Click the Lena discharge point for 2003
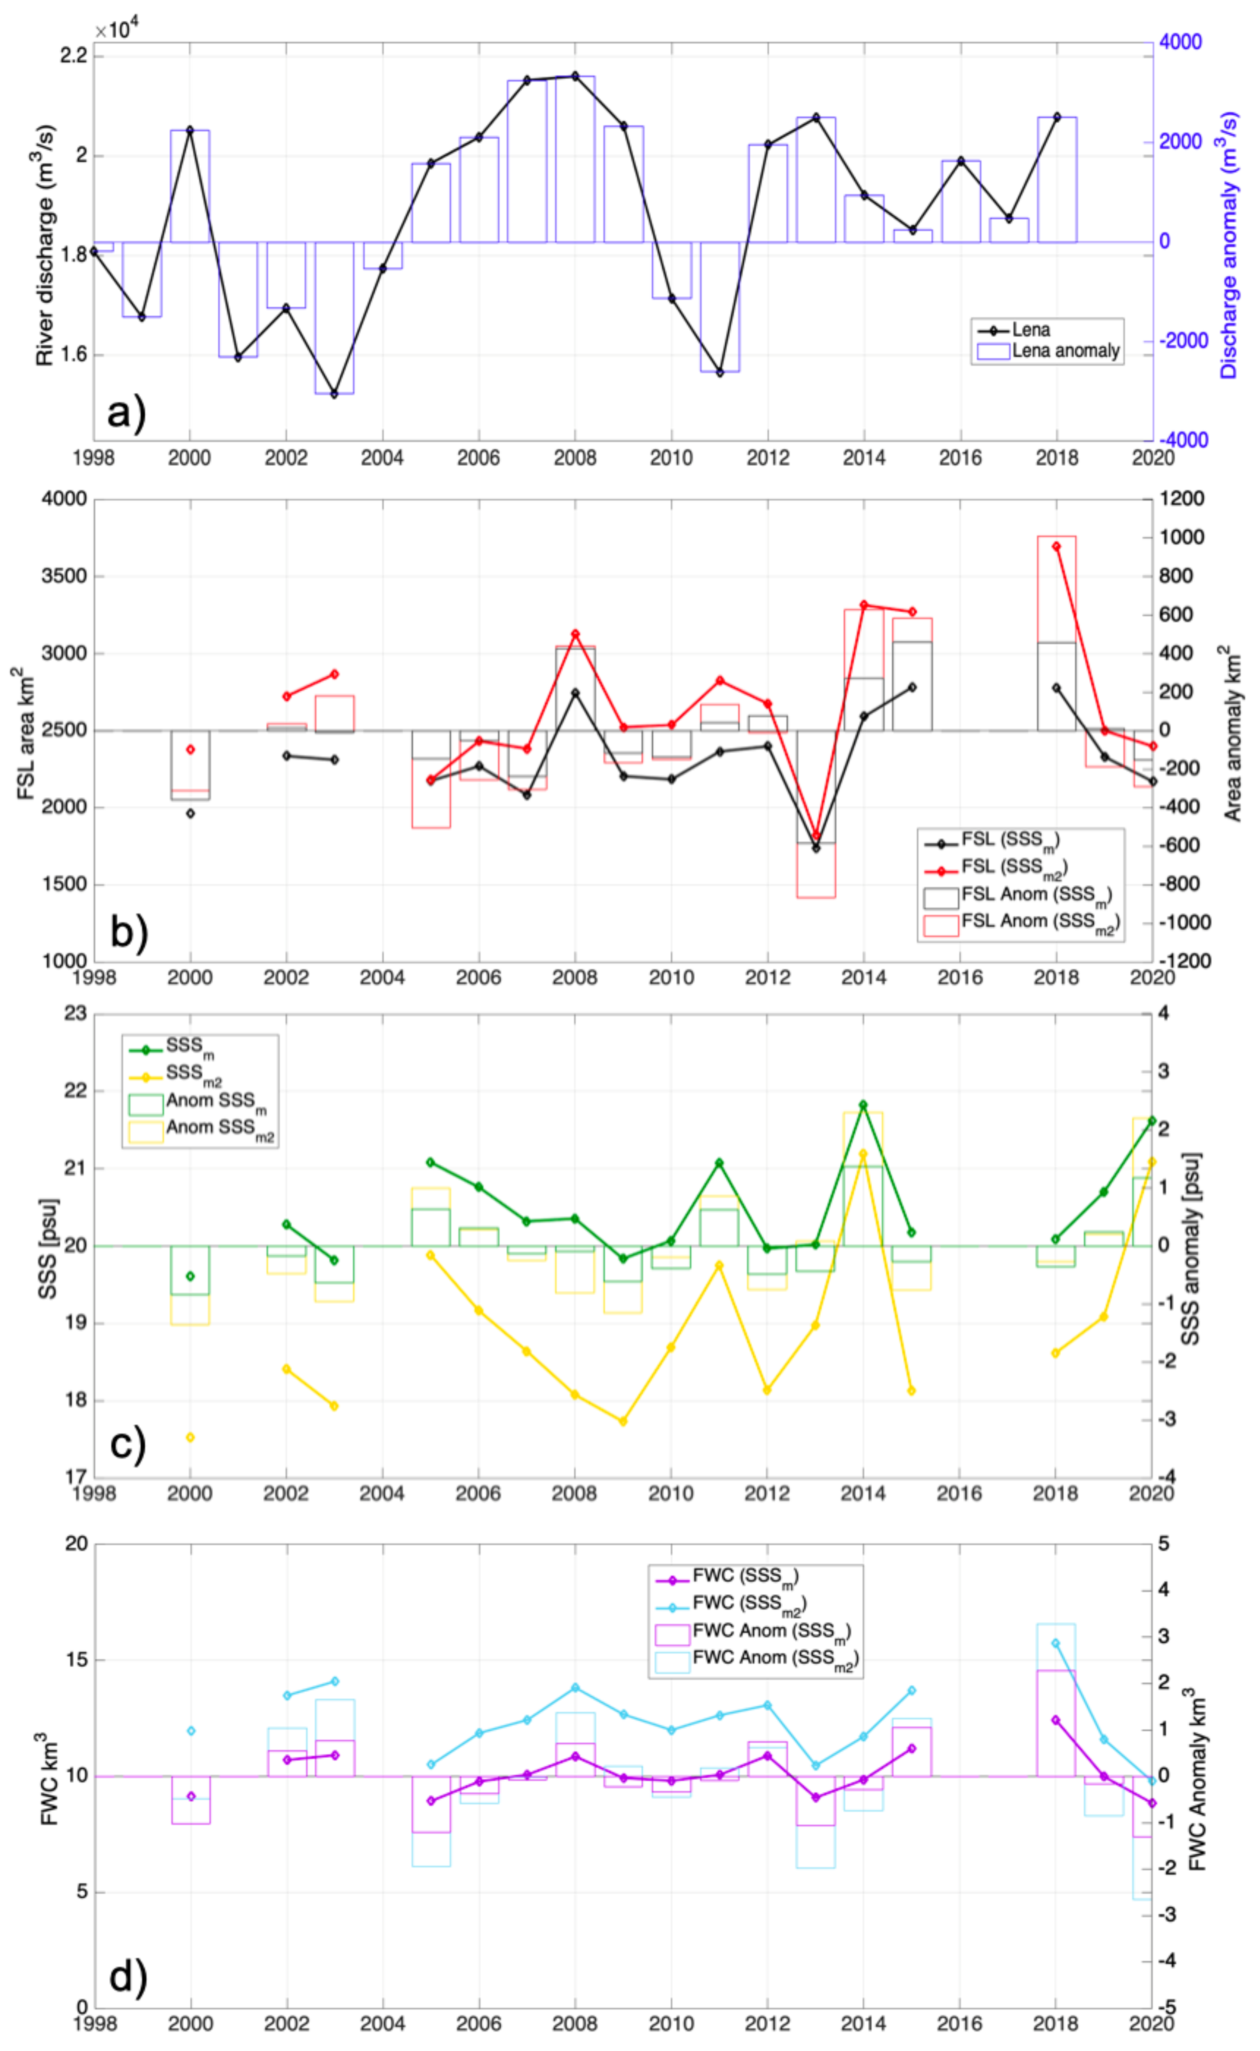point(334,394)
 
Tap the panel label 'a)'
point(127,412)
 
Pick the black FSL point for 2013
point(816,848)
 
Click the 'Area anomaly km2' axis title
point(1232,733)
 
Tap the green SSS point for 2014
point(863,1105)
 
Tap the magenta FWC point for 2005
point(431,1800)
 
